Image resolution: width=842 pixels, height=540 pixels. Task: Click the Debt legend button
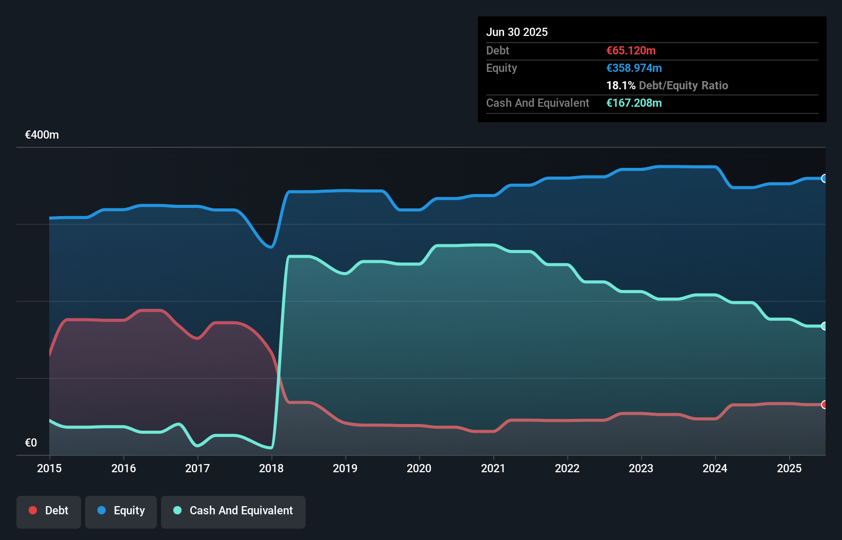click(49, 511)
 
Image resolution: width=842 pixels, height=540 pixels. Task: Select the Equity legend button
click(121, 511)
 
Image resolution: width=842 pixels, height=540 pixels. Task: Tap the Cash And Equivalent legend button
click(233, 511)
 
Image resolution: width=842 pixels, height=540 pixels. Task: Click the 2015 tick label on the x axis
click(49, 468)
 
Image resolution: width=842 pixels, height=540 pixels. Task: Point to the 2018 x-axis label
click(271, 468)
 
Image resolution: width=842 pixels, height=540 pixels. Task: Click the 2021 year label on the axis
click(493, 468)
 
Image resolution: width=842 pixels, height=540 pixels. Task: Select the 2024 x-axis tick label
click(715, 468)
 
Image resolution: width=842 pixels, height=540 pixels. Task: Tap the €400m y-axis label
click(42, 135)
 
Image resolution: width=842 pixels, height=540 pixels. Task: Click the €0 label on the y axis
click(31, 442)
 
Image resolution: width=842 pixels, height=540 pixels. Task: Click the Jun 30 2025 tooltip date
click(517, 32)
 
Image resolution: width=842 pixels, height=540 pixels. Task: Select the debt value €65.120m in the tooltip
click(631, 50)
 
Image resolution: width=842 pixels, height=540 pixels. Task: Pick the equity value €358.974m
click(634, 68)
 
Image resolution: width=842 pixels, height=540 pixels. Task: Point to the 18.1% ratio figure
click(620, 85)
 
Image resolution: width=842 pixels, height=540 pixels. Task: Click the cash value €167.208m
click(634, 103)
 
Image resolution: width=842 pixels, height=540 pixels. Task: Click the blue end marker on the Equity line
click(824, 179)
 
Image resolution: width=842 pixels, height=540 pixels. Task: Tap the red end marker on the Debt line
click(824, 404)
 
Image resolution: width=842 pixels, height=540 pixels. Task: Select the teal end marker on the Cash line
click(824, 326)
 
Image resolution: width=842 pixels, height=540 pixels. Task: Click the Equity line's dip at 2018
click(270, 247)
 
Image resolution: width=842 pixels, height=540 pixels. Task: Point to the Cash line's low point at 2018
click(270, 448)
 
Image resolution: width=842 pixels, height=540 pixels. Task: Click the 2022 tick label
click(567, 468)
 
